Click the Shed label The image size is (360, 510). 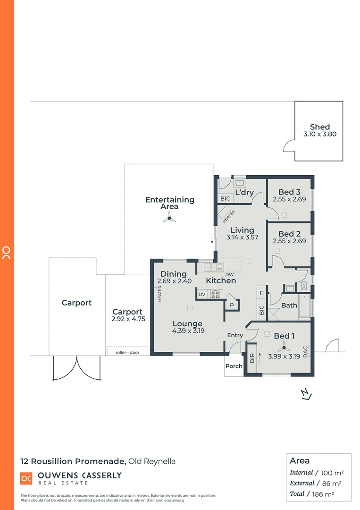pyautogui.click(x=319, y=127)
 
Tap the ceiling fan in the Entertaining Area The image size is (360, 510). pyautogui.click(x=169, y=218)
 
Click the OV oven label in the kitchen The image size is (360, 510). pyautogui.click(x=202, y=294)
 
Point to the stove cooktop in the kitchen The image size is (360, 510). pyautogui.click(x=215, y=294)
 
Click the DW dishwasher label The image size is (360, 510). pyautogui.click(x=230, y=274)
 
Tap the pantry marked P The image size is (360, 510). pyautogui.click(x=232, y=305)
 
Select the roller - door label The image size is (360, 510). pyautogui.click(x=127, y=351)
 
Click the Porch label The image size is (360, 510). pyautogui.click(x=234, y=366)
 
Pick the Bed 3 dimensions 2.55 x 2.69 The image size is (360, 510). pyautogui.click(x=289, y=199)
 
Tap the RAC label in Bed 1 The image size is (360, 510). pyautogui.click(x=306, y=351)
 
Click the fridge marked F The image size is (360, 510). pyautogui.click(x=261, y=293)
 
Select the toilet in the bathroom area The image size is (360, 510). pyautogui.click(x=303, y=285)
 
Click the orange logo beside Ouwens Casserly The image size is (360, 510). pyautogui.click(x=26, y=478)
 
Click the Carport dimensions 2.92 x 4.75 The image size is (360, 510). pyautogui.click(x=127, y=319)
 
